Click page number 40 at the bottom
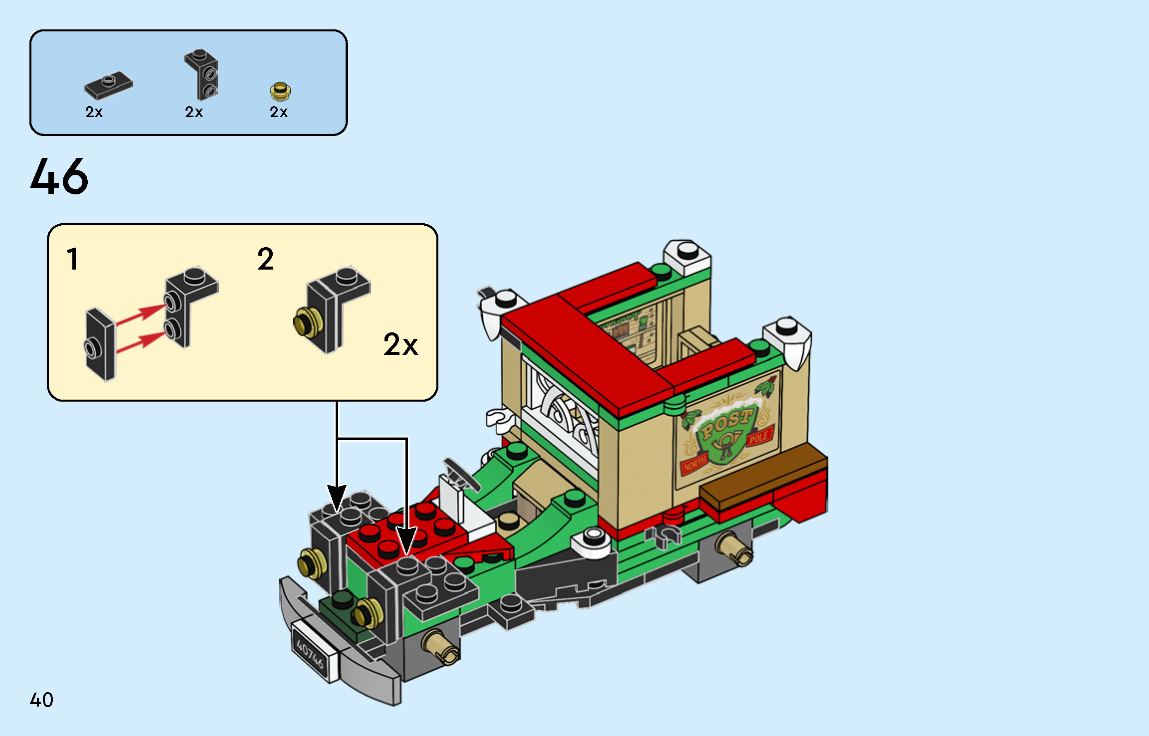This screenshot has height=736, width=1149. coord(41,700)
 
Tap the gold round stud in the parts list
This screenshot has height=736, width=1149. coord(280,91)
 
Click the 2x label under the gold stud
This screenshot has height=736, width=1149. coord(278,112)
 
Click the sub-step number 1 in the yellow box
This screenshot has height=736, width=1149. coord(73,259)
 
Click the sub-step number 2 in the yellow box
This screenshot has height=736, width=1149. coord(265,259)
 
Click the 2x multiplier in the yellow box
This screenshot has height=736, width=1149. coord(400,344)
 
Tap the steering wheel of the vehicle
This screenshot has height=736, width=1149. coord(461,474)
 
